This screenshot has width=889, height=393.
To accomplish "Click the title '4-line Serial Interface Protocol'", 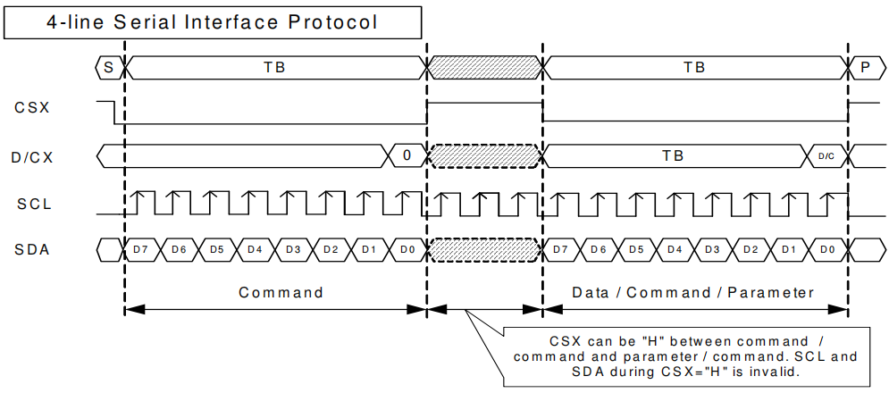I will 212,22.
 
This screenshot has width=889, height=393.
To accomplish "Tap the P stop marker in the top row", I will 865,67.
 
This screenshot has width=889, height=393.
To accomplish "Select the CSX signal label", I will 32,108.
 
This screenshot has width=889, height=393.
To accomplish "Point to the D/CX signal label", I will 32,156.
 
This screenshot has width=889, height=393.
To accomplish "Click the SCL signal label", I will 34,204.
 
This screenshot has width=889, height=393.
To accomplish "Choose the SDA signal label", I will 32,249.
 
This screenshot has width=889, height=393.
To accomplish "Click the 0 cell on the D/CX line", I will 407,155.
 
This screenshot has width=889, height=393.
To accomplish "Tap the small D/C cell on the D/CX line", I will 826,156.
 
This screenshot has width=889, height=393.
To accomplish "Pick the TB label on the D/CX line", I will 673,155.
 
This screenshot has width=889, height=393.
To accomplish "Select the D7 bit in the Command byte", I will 141,249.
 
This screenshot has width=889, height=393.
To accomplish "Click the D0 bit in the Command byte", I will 407,249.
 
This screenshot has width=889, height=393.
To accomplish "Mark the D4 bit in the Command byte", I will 255,249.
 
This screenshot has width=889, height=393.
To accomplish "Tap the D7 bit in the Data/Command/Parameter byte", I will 560,249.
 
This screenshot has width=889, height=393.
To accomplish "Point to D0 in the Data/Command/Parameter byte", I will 826,249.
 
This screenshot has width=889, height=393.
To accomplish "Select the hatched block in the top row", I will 485,67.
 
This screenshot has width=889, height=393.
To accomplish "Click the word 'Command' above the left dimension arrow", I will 281,292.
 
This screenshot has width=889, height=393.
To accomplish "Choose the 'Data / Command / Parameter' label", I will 693,292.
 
